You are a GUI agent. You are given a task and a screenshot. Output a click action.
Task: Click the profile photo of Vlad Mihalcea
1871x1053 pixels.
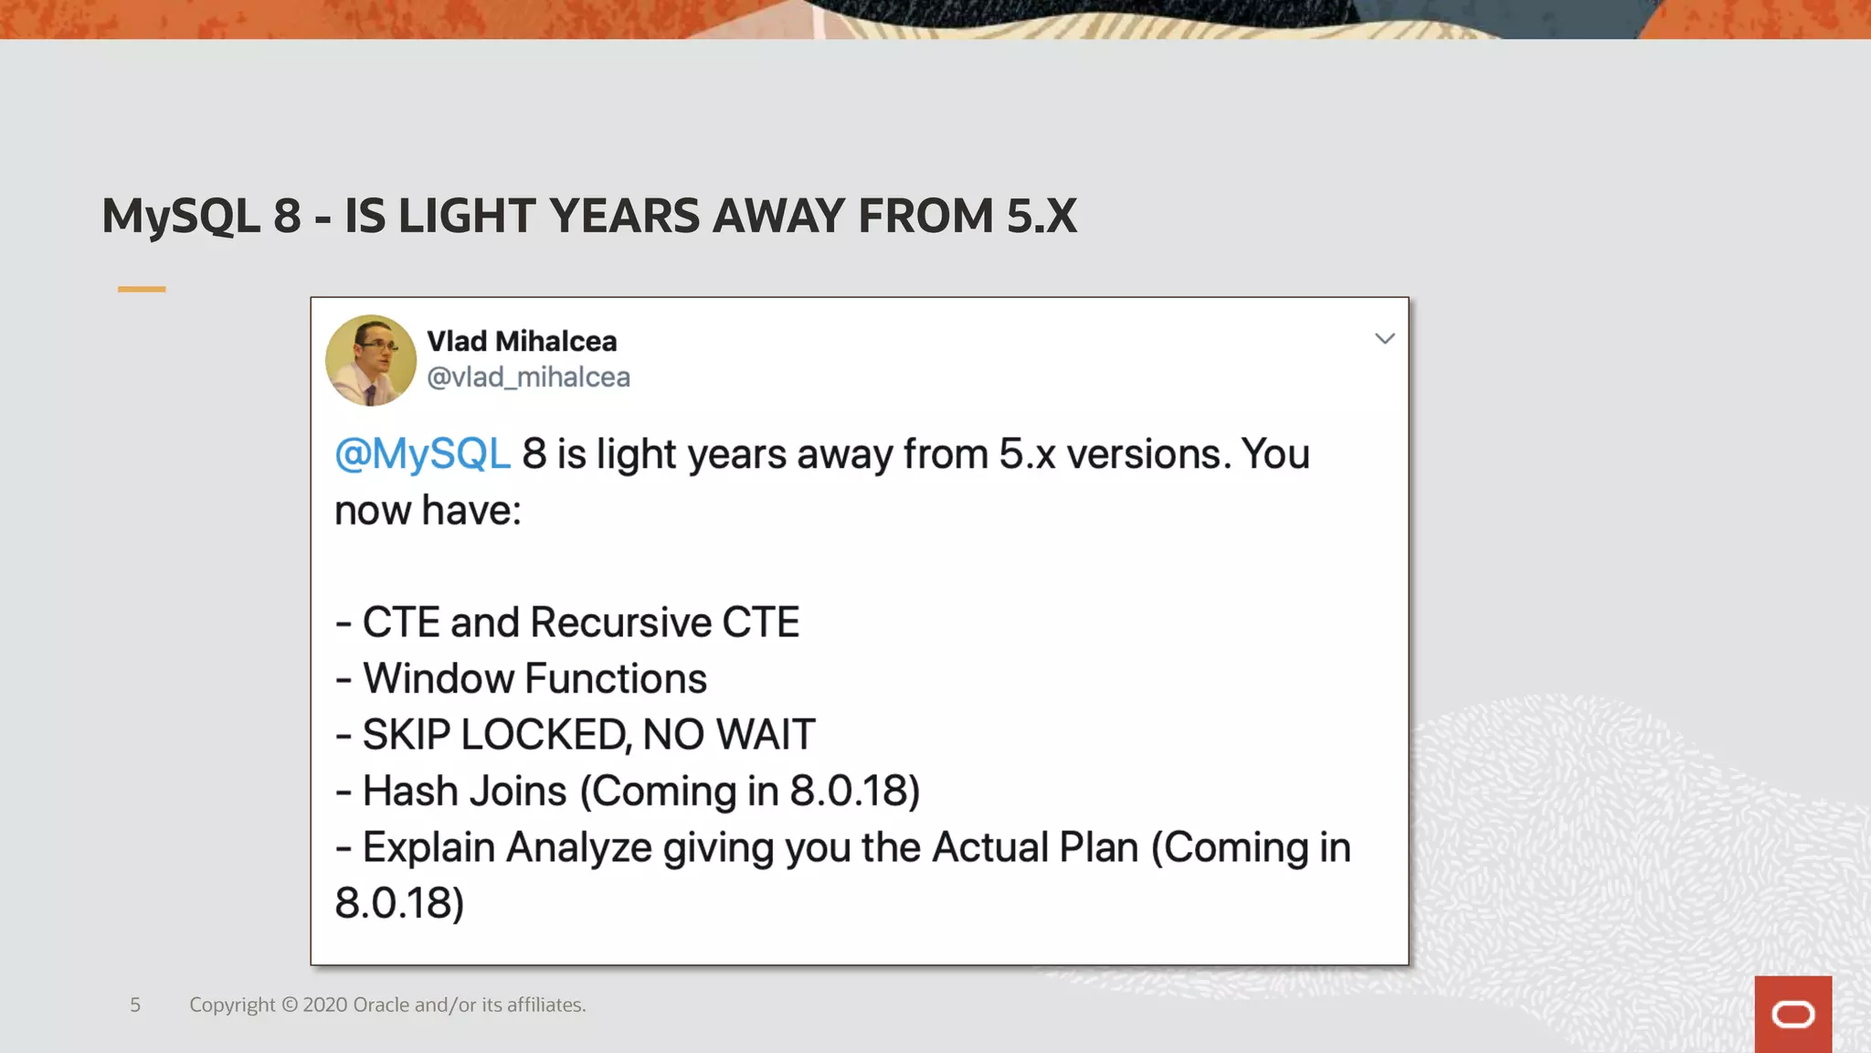(x=371, y=360)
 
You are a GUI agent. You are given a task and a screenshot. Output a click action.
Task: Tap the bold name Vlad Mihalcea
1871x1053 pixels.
(x=522, y=341)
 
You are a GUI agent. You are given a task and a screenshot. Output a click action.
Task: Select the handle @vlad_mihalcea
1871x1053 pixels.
(x=528, y=377)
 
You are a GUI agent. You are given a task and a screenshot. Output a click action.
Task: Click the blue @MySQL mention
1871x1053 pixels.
(x=422, y=454)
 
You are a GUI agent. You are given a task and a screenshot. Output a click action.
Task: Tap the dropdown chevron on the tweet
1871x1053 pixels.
(x=1384, y=339)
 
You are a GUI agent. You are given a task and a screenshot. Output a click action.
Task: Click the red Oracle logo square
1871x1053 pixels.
(x=1792, y=1014)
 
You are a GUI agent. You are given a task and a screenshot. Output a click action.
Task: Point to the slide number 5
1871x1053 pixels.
(x=135, y=1005)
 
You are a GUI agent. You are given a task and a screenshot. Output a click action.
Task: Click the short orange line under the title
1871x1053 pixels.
(x=142, y=289)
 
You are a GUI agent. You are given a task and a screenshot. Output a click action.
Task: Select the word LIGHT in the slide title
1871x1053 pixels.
(x=467, y=217)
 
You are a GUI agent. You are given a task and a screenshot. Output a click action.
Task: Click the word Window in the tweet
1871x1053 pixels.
(x=438, y=679)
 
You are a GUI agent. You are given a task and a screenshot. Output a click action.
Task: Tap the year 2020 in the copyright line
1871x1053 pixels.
(x=324, y=1005)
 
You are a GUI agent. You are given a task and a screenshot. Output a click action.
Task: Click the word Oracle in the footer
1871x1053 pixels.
(x=381, y=1005)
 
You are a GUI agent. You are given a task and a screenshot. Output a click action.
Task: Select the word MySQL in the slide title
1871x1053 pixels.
(x=181, y=217)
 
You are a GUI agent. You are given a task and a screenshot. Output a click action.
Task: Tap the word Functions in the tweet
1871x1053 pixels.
(x=617, y=679)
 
